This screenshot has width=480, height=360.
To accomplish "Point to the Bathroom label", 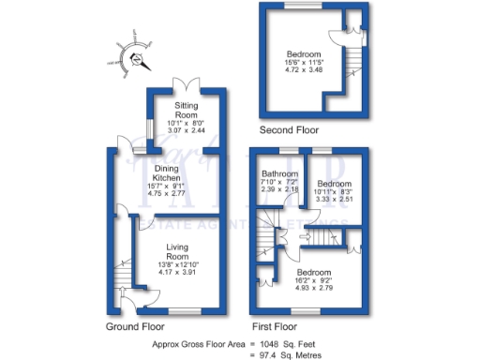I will point(279,173).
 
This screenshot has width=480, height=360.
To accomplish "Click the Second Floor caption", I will point(291,130).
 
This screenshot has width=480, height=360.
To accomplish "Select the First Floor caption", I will point(274,327).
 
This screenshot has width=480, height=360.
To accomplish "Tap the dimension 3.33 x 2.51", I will point(332,199).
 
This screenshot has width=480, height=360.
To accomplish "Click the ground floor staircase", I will point(119,277).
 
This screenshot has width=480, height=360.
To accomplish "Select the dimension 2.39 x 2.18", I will point(279,189).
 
